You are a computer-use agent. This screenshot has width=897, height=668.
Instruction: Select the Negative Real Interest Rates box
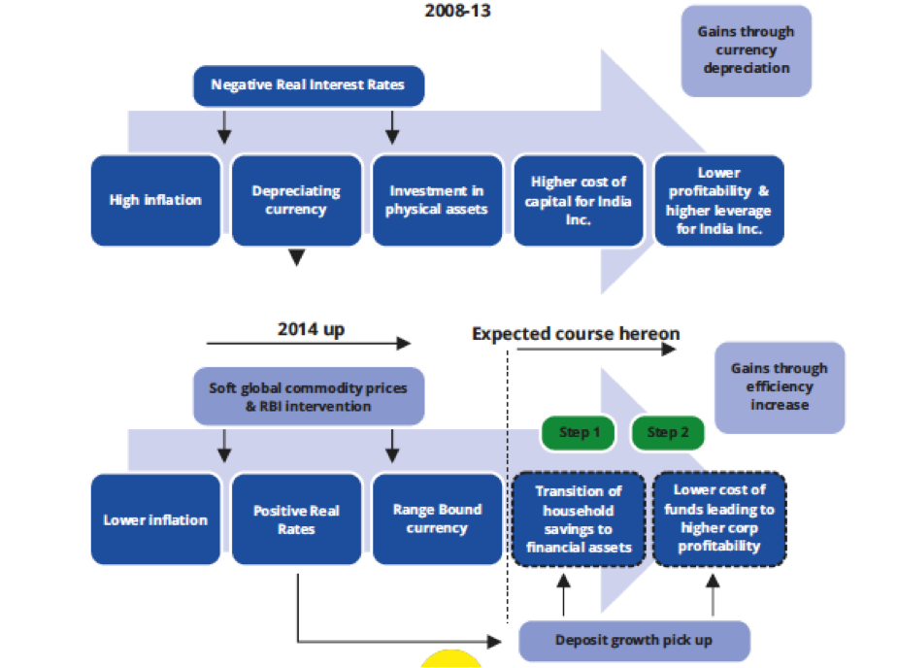[x=308, y=85]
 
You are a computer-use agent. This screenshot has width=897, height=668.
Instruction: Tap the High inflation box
[x=155, y=200]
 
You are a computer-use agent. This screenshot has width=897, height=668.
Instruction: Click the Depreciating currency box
[x=296, y=200]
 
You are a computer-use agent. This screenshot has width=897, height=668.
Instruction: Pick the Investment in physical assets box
[x=436, y=200]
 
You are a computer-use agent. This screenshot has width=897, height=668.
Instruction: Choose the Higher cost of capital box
[x=579, y=200]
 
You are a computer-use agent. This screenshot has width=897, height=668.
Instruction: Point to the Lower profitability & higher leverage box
[x=719, y=200]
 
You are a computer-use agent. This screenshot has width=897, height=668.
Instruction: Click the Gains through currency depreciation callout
[x=746, y=50]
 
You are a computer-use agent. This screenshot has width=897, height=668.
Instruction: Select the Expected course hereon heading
[x=576, y=334]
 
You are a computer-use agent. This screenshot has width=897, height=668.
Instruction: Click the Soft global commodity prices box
[x=308, y=396]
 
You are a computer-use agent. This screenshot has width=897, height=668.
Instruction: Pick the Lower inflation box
[x=155, y=519]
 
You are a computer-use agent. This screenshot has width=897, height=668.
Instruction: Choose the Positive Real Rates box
[x=296, y=519]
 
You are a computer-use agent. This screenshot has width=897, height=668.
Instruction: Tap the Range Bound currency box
[x=436, y=518]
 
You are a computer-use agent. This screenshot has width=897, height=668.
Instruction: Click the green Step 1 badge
[x=579, y=432]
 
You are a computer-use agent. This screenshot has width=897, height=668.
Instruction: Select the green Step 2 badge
[x=668, y=432]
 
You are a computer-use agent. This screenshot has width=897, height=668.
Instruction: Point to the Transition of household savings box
[x=579, y=518]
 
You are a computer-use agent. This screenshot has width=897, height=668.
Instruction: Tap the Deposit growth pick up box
[x=635, y=641]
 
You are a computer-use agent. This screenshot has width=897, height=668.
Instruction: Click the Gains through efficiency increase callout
[x=779, y=386]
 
